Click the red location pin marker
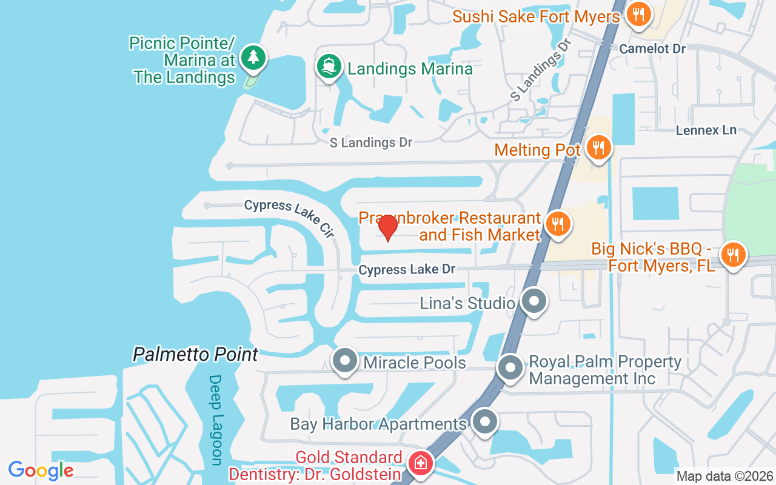[x=387, y=227]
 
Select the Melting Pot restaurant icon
[x=598, y=147]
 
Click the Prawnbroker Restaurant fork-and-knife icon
[x=557, y=224]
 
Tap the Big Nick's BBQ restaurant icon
[x=733, y=255]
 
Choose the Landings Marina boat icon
[x=329, y=67]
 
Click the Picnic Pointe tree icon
[x=252, y=58]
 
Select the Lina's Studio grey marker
[x=534, y=301]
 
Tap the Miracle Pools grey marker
[x=345, y=361]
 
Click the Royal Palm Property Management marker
[x=510, y=367]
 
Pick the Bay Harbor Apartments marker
[x=484, y=423]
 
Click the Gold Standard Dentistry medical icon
[x=420, y=464]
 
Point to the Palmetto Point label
[x=196, y=355]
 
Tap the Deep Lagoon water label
[x=216, y=420]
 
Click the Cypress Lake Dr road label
[x=407, y=269]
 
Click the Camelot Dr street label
[x=652, y=48]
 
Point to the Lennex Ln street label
[x=706, y=130]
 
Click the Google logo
[x=41, y=470]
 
